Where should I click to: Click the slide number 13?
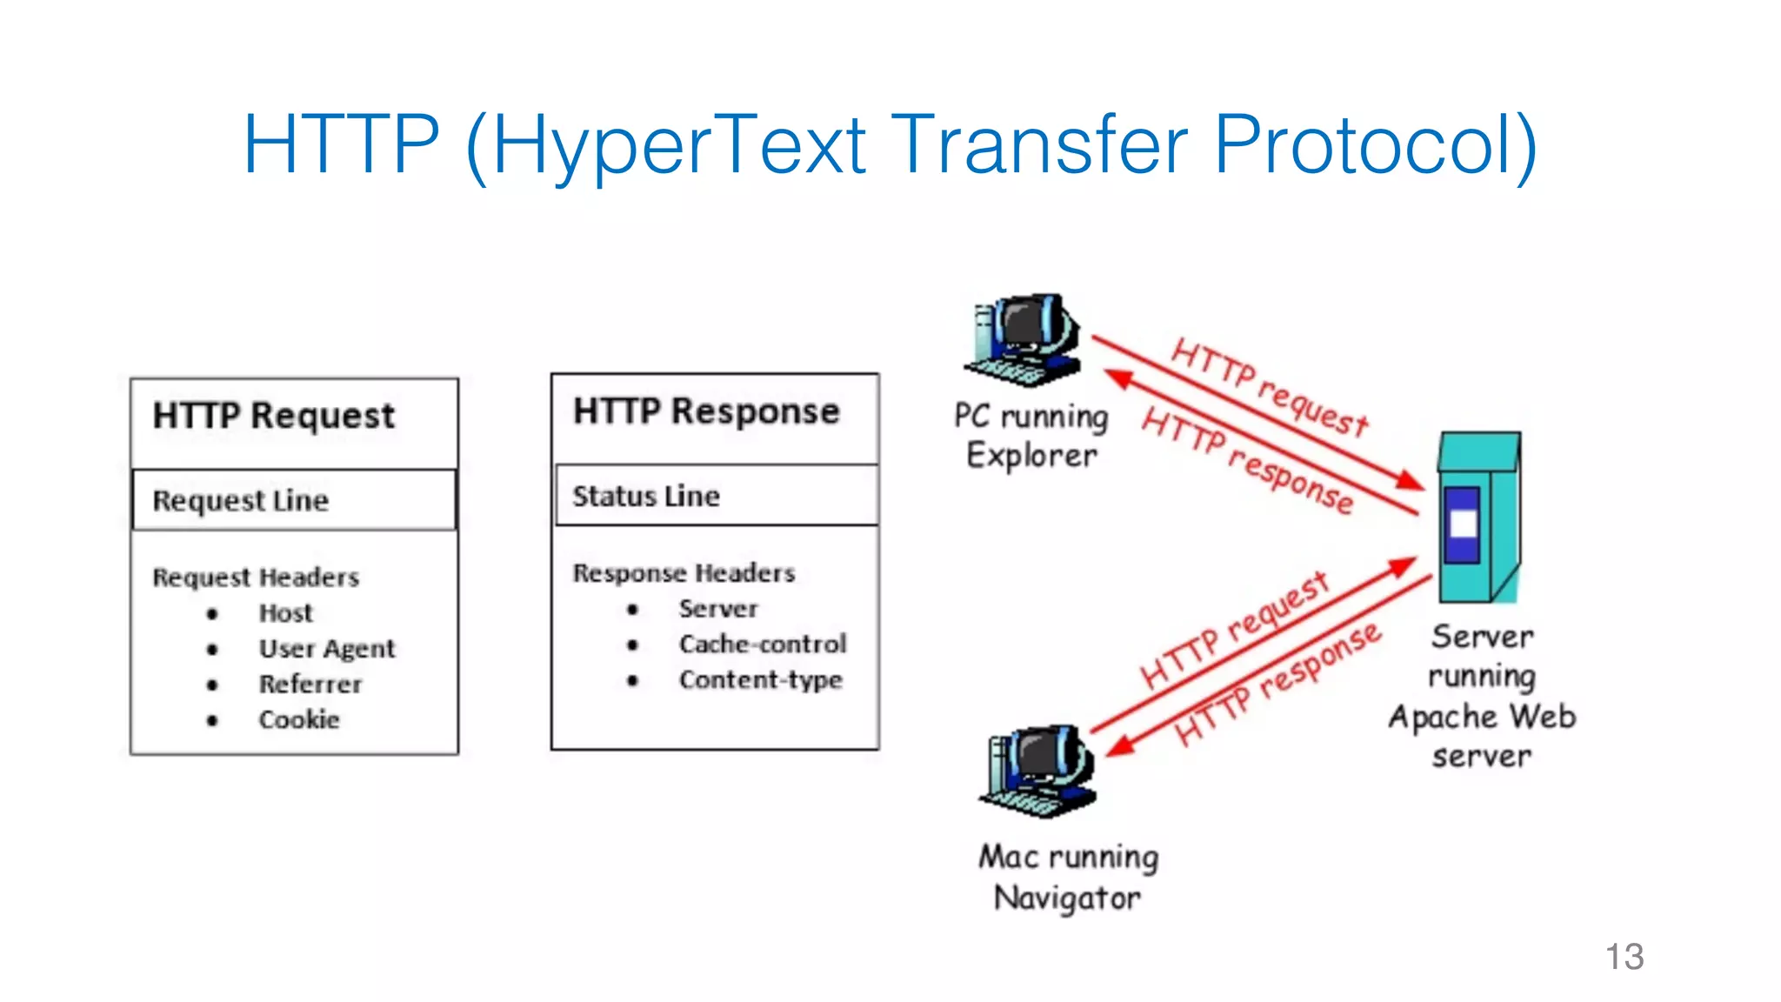tap(1624, 957)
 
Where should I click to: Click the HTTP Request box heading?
tap(274, 416)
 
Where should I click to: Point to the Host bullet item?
tap(285, 613)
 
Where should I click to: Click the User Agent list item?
tap(326, 649)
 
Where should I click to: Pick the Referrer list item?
tap(310, 685)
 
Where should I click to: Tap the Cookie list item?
tap(299, 720)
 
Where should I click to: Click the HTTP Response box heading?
tap(706, 411)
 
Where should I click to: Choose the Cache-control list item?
tap(762, 645)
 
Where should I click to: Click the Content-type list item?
tap(760, 680)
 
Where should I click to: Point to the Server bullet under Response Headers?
tap(717, 609)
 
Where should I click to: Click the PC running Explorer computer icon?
tap(1024, 340)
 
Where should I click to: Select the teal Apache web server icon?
tap(1479, 518)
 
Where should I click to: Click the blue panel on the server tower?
tap(1463, 524)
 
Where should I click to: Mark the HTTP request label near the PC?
tap(1270, 387)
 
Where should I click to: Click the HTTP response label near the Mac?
tap(1277, 685)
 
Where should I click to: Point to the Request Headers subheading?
tap(256, 578)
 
